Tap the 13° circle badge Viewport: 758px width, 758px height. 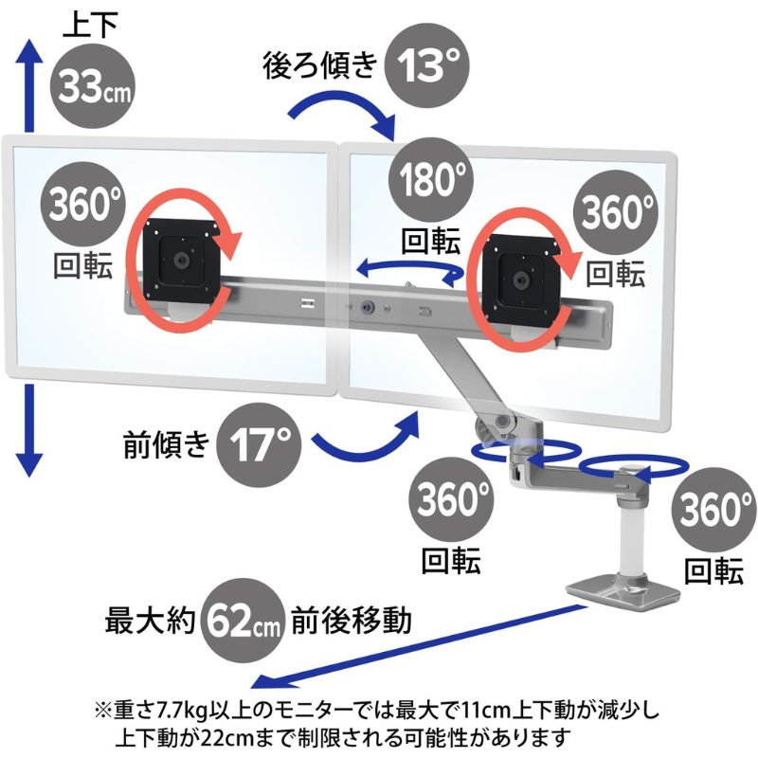tap(427, 65)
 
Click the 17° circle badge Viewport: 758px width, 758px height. tap(255, 443)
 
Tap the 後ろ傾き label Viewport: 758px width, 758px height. tap(319, 66)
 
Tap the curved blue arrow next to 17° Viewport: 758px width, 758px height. tap(366, 435)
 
